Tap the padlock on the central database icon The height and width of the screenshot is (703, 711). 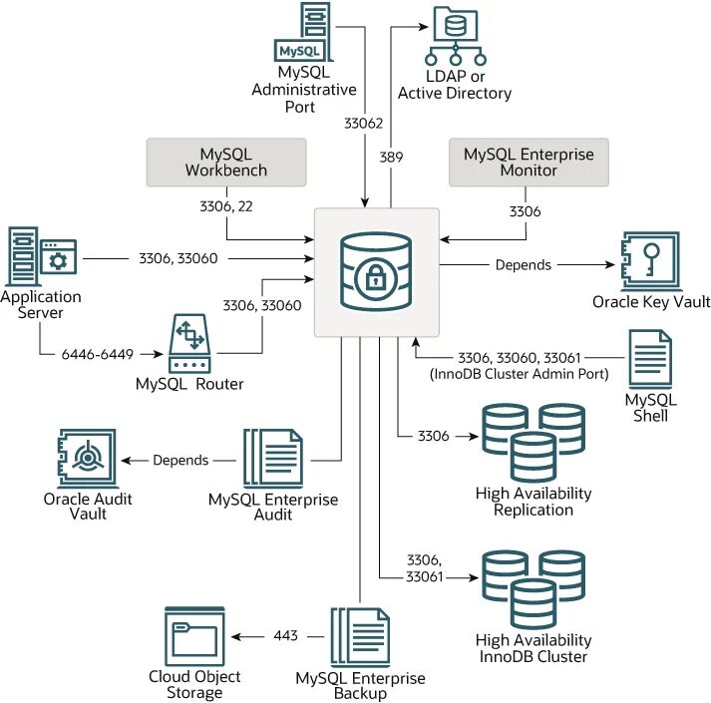click(x=376, y=280)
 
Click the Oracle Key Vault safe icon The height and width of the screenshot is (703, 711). click(x=649, y=261)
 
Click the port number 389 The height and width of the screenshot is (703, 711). click(x=391, y=157)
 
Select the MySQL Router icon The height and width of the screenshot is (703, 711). click(x=189, y=345)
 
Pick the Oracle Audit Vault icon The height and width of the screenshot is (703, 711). click(x=88, y=460)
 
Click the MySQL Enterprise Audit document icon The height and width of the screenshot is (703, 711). click(x=273, y=459)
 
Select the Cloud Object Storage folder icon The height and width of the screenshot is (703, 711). click(x=194, y=636)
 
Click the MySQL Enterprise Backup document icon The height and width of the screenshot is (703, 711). click(x=360, y=636)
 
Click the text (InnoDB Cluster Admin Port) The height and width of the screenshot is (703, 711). click(x=514, y=374)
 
